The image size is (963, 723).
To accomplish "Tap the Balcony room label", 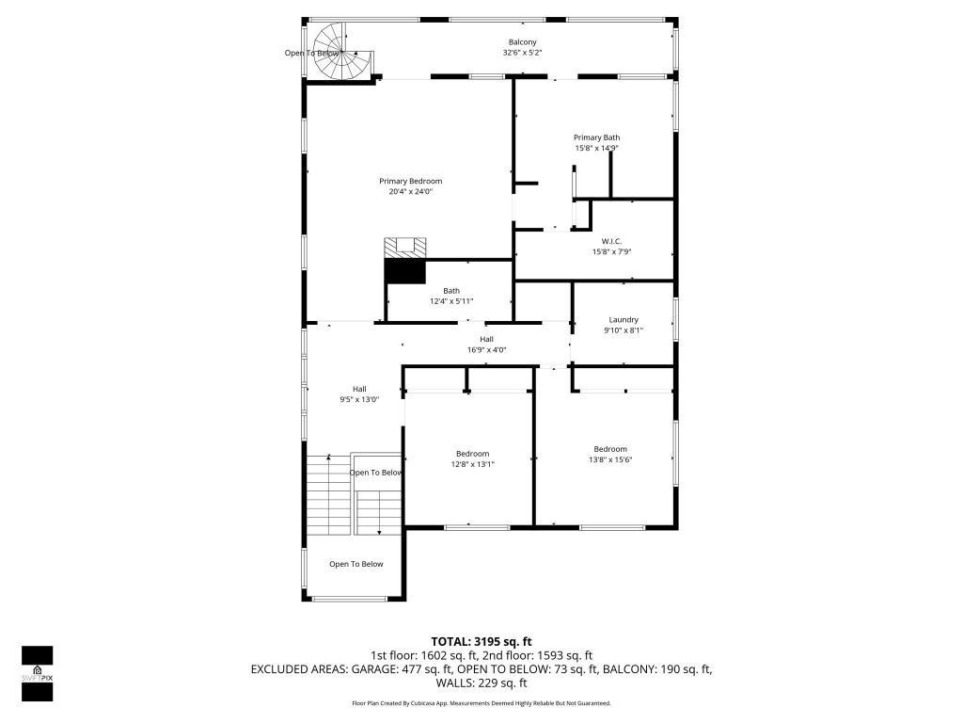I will tap(522, 42).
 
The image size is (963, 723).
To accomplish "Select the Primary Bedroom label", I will tap(410, 181).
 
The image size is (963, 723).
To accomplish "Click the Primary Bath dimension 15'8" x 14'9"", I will tap(596, 148).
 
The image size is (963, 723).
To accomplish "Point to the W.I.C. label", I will tap(611, 241).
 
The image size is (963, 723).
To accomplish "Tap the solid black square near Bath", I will tap(404, 271).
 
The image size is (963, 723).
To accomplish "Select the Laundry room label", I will tap(623, 320).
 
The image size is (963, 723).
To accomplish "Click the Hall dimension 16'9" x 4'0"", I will tap(486, 350).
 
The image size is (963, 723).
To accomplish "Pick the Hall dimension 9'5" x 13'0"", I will tap(359, 399).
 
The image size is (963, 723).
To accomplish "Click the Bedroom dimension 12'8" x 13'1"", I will tap(472, 463).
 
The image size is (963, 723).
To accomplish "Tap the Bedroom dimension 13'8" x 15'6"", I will tap(609, 459).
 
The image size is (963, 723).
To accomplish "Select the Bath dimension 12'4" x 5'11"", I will tap(451, 301).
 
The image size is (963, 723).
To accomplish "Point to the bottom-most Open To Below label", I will tap(355, 564).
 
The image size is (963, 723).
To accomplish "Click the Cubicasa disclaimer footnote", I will tap(481, 703).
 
